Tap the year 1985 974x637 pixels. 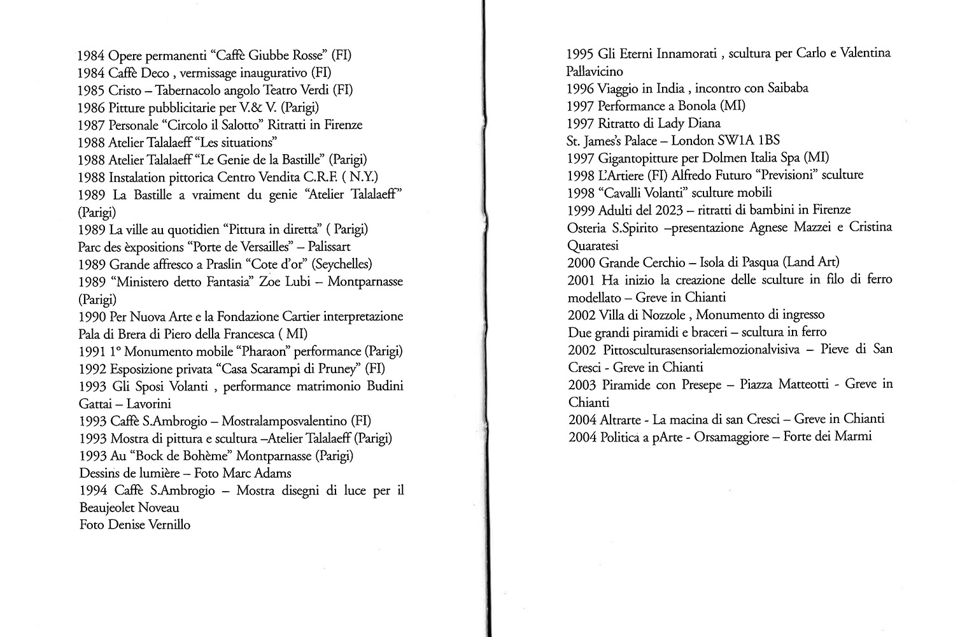(91, 90)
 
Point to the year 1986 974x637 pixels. (91, 107)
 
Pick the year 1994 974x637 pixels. (94, 490)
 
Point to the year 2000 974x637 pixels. (581, 262)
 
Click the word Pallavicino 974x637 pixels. (595, 71)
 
